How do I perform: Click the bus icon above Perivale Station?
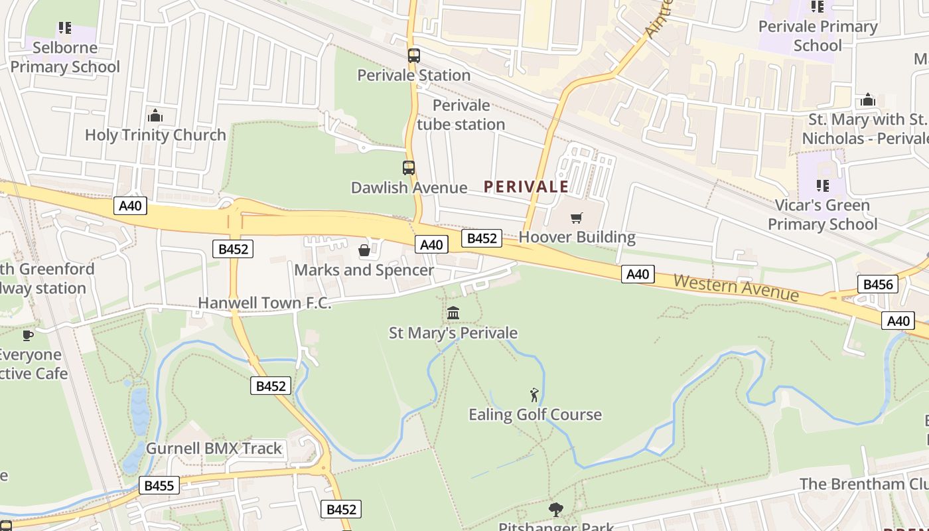coord(413,56)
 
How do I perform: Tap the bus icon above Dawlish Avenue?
coord(409,168)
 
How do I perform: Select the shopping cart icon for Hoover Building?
coord(577,218)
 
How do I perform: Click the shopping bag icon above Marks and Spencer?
coord(364,250)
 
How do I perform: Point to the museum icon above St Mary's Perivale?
coord(453,313)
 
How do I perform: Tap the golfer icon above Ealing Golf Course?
coord(534,395)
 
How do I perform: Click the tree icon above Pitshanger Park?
coord(556,510)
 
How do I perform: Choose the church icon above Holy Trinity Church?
coord(155,115)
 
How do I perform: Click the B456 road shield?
coord(878,285)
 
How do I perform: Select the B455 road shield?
coord(159,486)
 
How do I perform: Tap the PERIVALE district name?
coord(526,187)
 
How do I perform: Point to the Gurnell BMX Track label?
coord(214,448)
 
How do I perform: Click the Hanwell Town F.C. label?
coord(264,303)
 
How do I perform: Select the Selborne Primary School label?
coord(65,57)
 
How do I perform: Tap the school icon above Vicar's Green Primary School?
coord(823,185)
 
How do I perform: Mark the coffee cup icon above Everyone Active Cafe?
coord(28,335)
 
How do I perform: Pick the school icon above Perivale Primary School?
coord(818,7)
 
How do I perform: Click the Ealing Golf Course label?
coord(535,415)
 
